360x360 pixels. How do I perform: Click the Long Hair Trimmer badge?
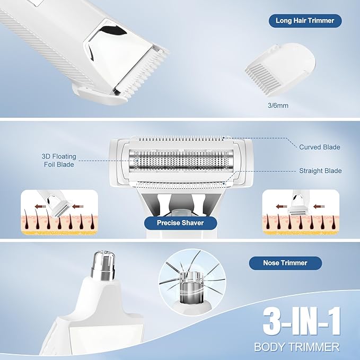[305, 21]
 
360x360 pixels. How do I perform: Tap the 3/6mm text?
[278, 106]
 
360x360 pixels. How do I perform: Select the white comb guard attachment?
[280, 69]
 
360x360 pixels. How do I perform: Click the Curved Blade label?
[320, 147]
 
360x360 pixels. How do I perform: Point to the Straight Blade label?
[320, 171]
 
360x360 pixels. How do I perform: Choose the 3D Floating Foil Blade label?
[59, 161]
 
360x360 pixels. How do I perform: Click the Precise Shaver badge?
[180, 223]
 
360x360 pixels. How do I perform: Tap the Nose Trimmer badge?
[285, 263]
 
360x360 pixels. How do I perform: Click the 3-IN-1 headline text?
[302, 321]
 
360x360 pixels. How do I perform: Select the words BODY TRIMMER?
[296, 347]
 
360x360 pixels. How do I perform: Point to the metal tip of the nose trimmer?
[103, 266]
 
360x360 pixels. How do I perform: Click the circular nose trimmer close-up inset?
[192, 283]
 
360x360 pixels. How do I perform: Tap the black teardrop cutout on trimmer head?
[114, 30]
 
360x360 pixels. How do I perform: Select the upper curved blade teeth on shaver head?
[181, 139]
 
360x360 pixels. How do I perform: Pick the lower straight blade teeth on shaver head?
[181, 185]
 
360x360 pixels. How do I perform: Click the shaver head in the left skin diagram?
[60, 208]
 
